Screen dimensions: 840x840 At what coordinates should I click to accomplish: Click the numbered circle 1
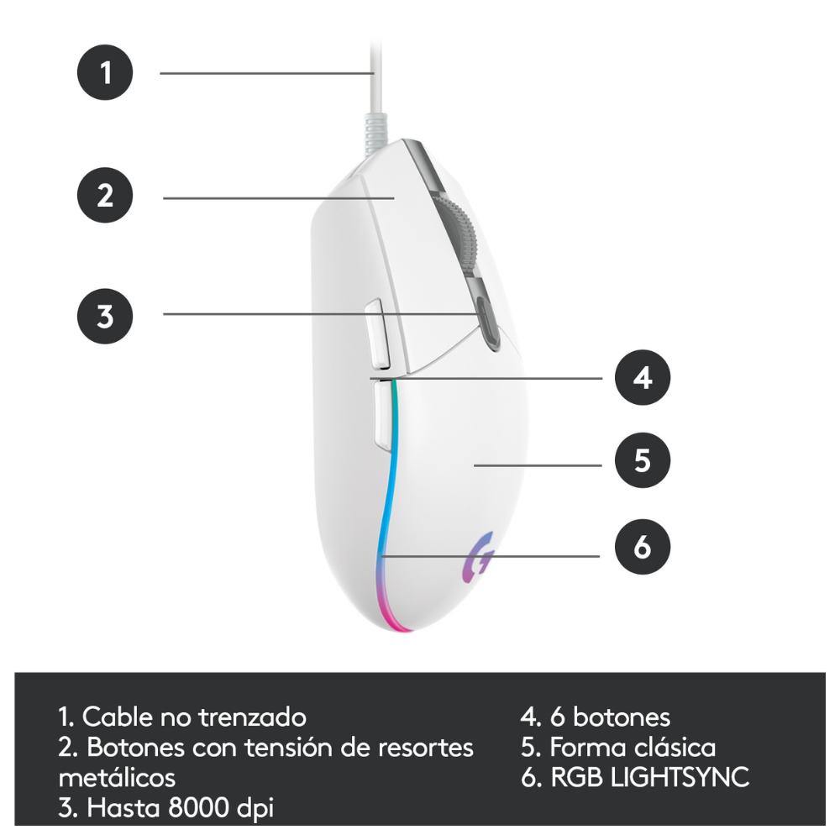(x=105, y=72)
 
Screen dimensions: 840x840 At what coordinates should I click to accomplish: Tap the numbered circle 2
(x=105, y=195)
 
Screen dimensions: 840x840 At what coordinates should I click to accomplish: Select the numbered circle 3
(x=105, y=316)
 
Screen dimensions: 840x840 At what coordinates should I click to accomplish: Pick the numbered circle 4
(x=643, y=377)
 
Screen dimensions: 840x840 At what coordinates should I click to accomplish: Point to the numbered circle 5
(x=643, y=460)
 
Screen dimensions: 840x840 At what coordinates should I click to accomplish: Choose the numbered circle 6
(x=643, y=547)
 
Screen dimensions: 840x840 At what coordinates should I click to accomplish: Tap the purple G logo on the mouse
(x=478, y=557)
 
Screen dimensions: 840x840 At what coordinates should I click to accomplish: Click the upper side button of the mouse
(x=378, y=334)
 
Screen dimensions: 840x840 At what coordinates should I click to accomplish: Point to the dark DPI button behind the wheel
(x=487, y=323)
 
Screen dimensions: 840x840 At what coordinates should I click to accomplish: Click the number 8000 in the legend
(x=198, y=807)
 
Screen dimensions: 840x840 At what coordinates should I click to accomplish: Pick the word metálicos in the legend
(x=117, y=777)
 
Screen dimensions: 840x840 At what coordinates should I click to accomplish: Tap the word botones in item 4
(x=622, y=717)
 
